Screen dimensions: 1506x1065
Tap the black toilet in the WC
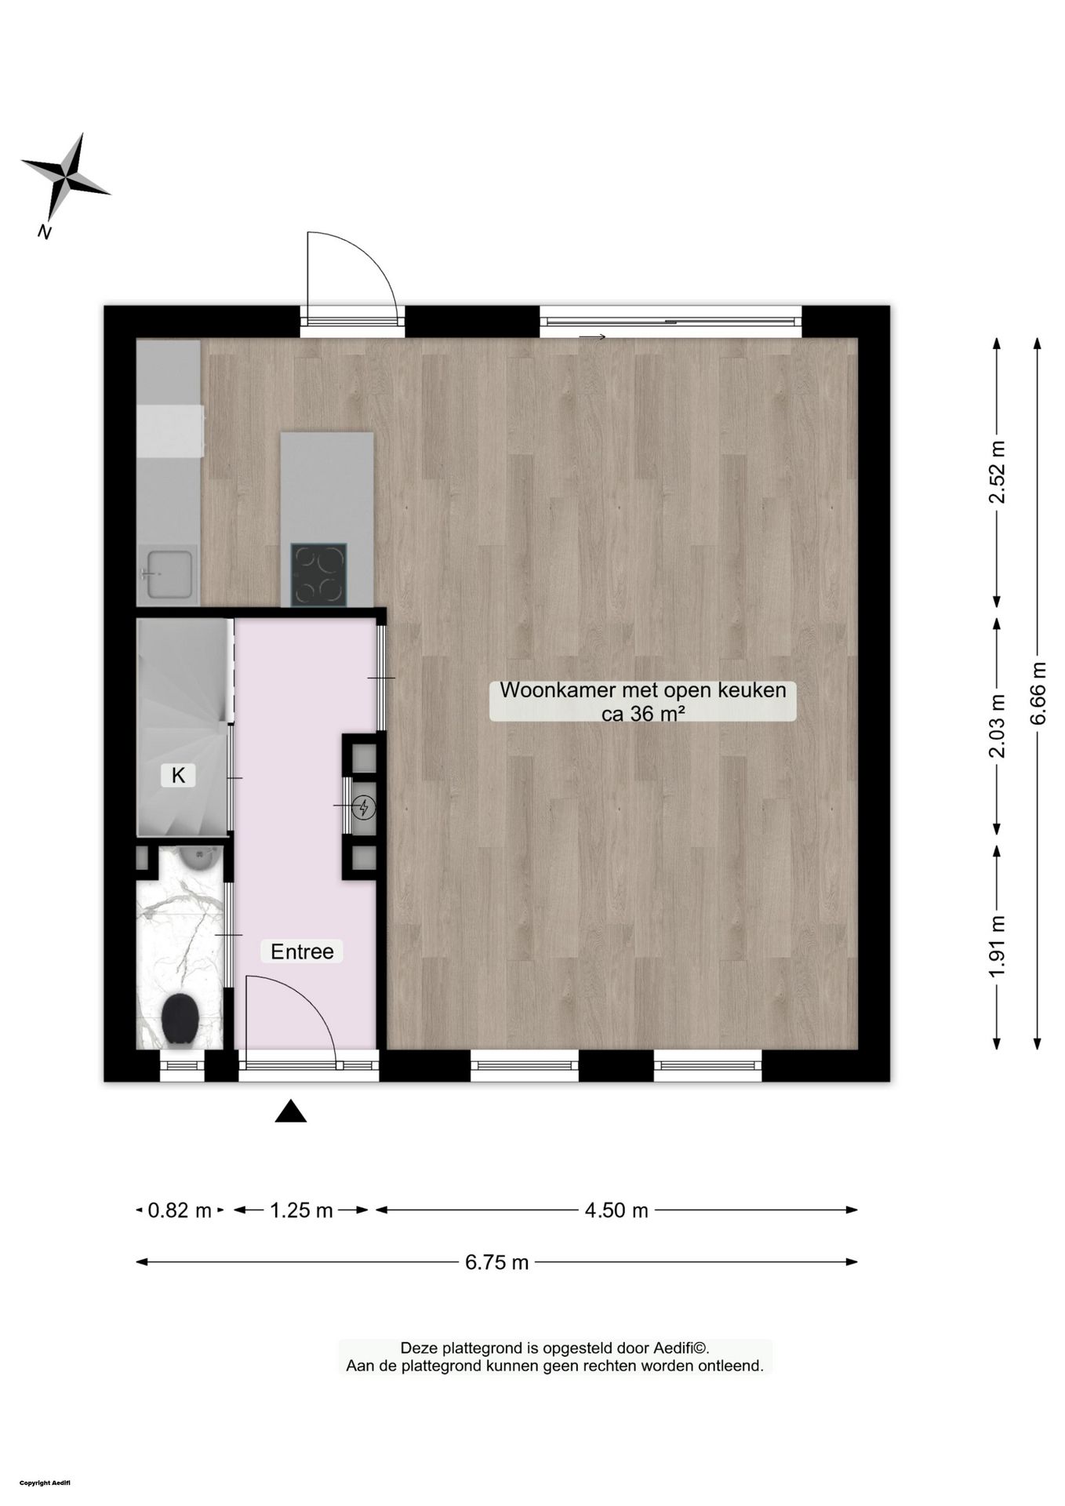(x=180, y=1019)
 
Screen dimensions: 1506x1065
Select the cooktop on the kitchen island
(x=318, y=575)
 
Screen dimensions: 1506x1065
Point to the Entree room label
(x=302, y=951)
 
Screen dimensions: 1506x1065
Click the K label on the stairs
(x=178, y=776)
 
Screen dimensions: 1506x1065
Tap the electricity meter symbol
(x=364, y=806)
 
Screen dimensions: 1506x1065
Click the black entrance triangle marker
(x=290, y=1111)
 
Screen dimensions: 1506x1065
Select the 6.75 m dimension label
(x=496, y=1262)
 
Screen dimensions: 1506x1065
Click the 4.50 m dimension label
(x=616, y=1210)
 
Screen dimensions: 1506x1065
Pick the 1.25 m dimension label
(x=301, y=1210)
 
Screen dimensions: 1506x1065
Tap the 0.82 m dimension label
(x=180, y=1210)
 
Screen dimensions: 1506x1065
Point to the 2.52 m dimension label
(x=997, y=473)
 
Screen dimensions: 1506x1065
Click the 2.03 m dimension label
(x=997, y=726)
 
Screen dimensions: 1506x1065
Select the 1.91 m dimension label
(x=997, y=947)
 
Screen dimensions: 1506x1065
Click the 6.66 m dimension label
(x=1038, y=694)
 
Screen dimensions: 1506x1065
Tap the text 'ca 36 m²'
(x=643, y=713)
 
